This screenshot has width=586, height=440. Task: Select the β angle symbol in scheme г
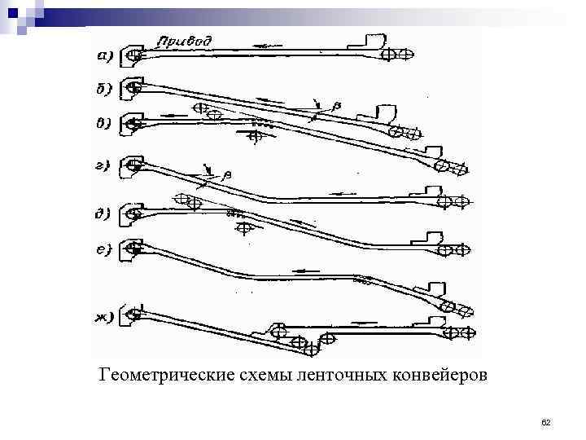(x=227, y=173)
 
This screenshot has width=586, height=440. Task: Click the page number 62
(x=546, y=422)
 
